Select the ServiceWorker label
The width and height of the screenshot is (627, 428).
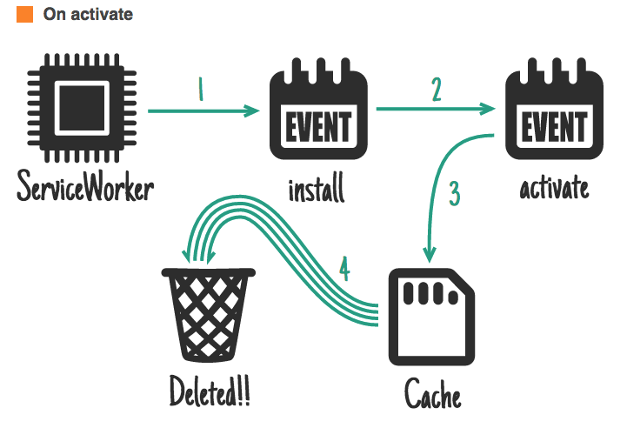click(x=84, y=185)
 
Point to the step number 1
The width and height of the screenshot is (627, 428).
click(x=201, y=90)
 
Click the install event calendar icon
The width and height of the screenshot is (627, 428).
click(x=318, y=117)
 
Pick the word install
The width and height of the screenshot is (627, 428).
click(x=317, y=187)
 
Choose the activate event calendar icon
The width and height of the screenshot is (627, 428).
click(x=553, y=117)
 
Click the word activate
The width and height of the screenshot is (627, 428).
click(x=554, y=186)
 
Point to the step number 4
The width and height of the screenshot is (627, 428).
click(x=344, y=271)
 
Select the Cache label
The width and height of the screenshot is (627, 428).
click(x=432, y=396)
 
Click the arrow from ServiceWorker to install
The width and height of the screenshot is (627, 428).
click(x=205, y=111)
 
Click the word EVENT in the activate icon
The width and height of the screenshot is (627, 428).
click(x=553, y=127)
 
